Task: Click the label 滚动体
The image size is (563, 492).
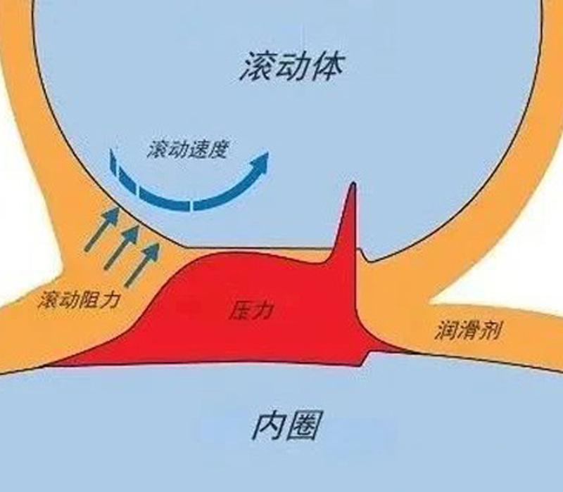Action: coord(292,66)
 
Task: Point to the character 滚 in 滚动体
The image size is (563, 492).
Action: coord(257,66)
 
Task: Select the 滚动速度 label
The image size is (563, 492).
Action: coord(187,149)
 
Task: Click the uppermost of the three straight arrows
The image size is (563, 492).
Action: coord(102,229)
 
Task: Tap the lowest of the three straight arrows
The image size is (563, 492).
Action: coord(142,265)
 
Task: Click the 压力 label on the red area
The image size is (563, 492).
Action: coord(251,310)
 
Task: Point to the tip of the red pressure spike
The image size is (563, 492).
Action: coord(353,183)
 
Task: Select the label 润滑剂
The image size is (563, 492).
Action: coord(468,330)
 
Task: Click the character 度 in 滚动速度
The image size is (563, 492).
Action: coord(218,149)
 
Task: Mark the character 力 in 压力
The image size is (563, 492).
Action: coord(261,310)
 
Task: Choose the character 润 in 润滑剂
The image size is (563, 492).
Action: coord(446,330)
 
